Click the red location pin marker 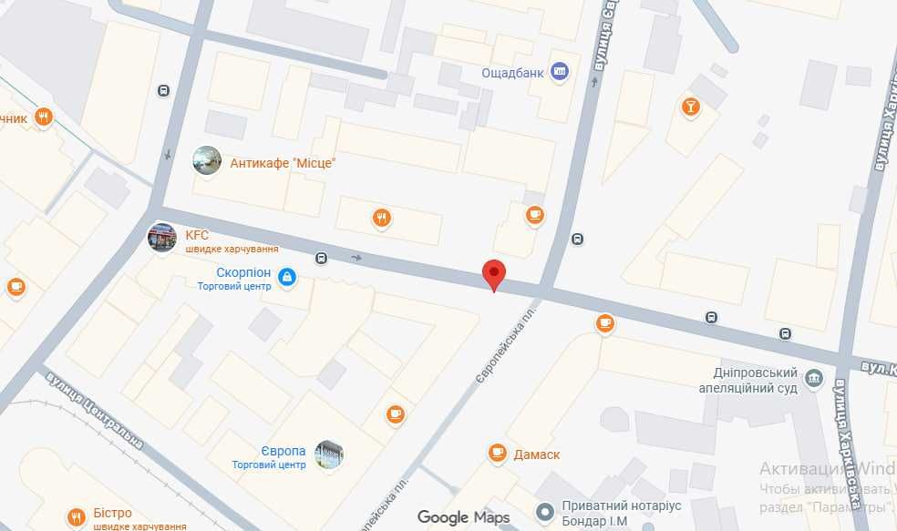pyautogui.click(x=493, y=274)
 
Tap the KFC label pyautogui.click(x=198, y=235)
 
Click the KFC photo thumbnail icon pyautogui.click(x=162, y=238)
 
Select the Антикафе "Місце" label pyautogui.click(x=283, y=163)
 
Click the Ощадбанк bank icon pyautogui.click(x=561, y=72)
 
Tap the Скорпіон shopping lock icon pyautogui.click(x=286, y=277)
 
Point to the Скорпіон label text pyautogui.click(x=243, y=272)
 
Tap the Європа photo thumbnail pyautogui.click(x=328, y=454)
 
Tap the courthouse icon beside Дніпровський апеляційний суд pyautogui.click(x=815, y=378)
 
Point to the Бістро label pyautogui.click(x=112, y=514)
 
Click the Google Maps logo pyautogui.click(x=463, y=518)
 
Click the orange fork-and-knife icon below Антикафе pyautogui.click(x=381, y=217)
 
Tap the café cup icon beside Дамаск pyautogui.click(x=497, y=452)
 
